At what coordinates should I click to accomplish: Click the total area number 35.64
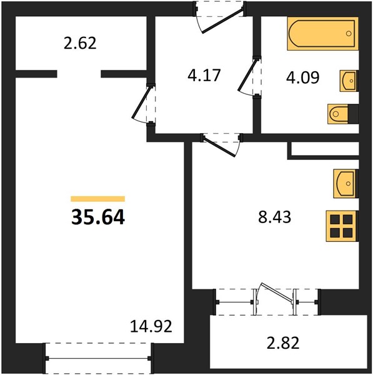coord(98,217)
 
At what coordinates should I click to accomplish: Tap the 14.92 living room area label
coord(151,326)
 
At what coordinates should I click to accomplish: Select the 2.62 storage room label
coord(80,44)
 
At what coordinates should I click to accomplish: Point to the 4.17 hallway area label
coord(204,76)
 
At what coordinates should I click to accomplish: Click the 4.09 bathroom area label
coord(302,77)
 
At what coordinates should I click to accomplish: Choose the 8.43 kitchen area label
coord(274,217)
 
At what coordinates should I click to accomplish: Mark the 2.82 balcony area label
coord(283,342)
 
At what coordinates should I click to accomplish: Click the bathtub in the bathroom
coord(323,34)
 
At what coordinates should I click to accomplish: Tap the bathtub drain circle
coord(349,34)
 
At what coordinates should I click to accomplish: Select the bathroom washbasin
coord(349,81)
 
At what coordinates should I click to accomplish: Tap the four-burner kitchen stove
coord(342,226)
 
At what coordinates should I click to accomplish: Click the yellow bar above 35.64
coord(98,199)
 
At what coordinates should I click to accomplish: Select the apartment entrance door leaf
coord(223,21)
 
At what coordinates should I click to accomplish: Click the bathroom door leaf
coord(247,74)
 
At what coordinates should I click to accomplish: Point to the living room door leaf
coord(142,102)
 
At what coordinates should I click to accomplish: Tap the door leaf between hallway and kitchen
coord(219,146)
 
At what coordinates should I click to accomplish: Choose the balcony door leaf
coord(277,292)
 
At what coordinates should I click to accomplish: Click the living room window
coord(98,358)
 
